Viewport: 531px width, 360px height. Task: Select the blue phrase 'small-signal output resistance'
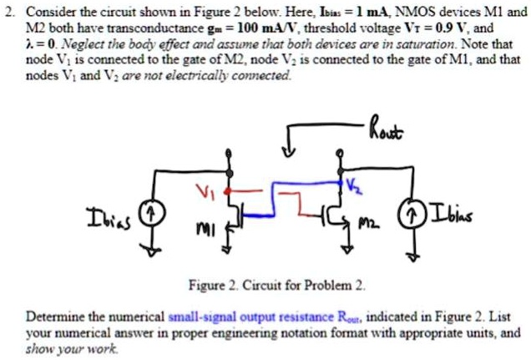click(x=240, y=318)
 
